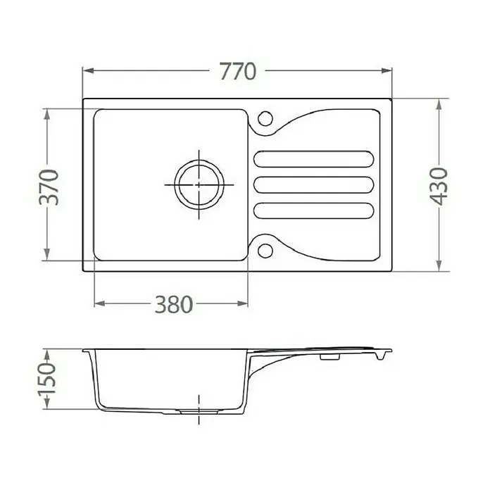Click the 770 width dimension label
pyautogui.click(x=238, y=72)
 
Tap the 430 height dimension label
pyautogui.click(x=439, y=187)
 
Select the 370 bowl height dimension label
pyautogui.click(x=49, y=187)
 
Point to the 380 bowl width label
pyautogui.click(x=174, y=304)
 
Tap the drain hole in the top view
pyautogui.click(x=199, y=184)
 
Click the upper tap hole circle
pyautogui.click(x=265, y=119)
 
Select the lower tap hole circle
pyautogui.click(x=265, y=251)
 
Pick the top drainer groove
pyautogui.click(x=314, y=159)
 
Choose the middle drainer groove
pyautogui.click(x=314, y=184)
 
